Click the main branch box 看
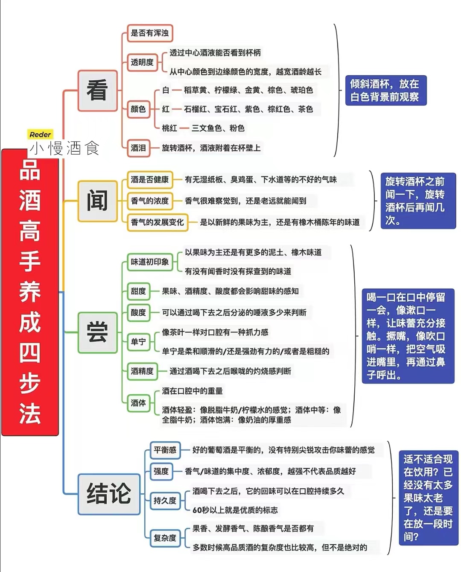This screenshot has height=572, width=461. [x=97, y=91]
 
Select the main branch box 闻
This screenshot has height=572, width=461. [x=97, y=201]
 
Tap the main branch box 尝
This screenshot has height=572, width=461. [x=97, y=332]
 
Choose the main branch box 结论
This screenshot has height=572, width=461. [x=109, y=494]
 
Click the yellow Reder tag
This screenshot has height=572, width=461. [x=40, y=135]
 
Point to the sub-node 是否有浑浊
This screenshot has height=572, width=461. [x=150, y=33]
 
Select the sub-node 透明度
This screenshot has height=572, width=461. [x=142, y=62]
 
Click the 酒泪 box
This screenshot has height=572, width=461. [x=138, y=148]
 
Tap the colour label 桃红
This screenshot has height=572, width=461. [x=169, y=128]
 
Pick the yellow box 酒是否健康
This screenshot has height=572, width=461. [x=150, y=180]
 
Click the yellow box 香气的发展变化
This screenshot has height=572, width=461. [x=158, y=222]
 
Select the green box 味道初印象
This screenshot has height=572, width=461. [x=150, y=262]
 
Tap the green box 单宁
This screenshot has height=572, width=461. [x=138, y=342]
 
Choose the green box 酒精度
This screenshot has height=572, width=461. [x=142, y=371]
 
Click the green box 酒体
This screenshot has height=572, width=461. [x=138, y=403]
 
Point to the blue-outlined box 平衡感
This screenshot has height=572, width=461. [x=165, y=450]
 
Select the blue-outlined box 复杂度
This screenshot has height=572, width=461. [x=165, y=538]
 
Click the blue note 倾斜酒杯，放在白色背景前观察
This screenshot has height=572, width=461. [x=386, y=91]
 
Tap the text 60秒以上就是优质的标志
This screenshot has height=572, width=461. [x=235, y=510]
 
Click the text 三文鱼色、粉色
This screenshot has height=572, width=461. [x=218, y=128]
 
